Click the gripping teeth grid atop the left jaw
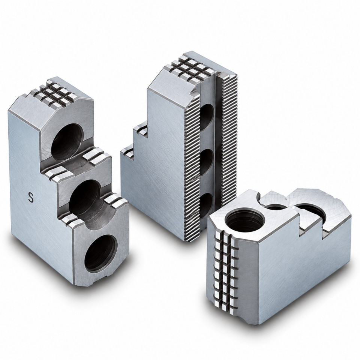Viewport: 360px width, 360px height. pos(55,91)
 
